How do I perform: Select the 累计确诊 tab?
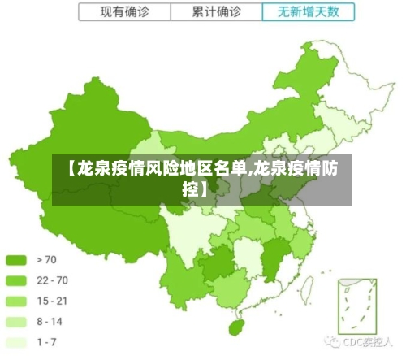pos(217,13)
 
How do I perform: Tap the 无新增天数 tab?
pos(309,13)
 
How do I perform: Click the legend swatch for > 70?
pos(17,260)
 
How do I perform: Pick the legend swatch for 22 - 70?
pos(17,280)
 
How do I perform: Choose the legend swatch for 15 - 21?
pos(17,301)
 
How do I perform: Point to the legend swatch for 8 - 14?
pos(17,322)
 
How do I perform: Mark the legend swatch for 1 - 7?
pos(17,342)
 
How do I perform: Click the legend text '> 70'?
pos(47,260)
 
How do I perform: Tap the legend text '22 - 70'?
pos(52,280)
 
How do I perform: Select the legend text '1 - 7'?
pos(47,342)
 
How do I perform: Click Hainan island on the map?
pos(237,326)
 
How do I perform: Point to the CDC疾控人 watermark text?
pos(369,342)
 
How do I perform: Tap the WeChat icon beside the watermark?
pos(331,342)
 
